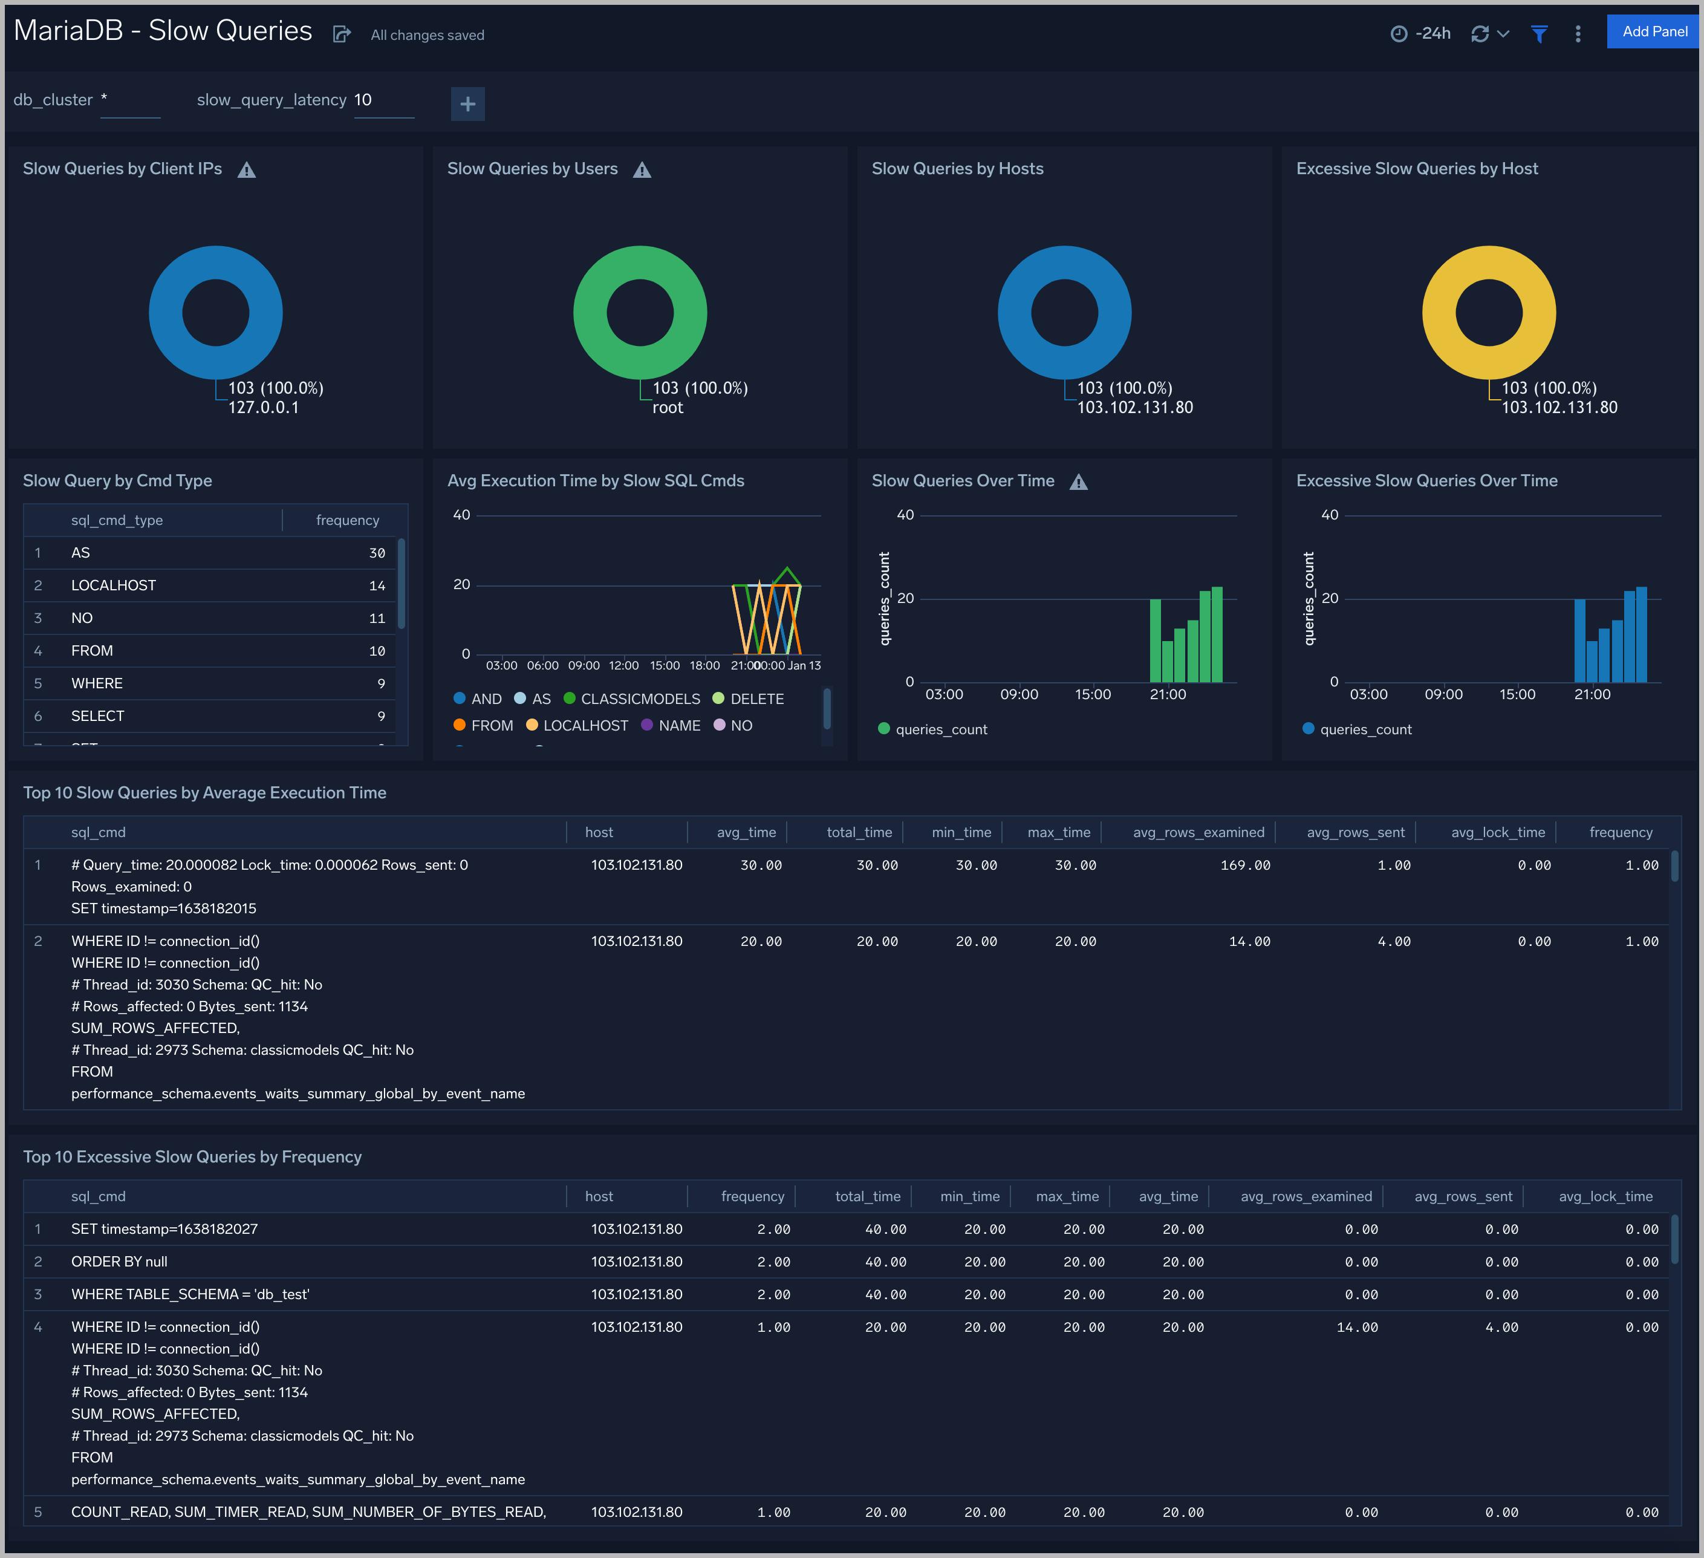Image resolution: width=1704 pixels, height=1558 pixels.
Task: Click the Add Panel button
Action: pyautogui.click(x=1653, y=32)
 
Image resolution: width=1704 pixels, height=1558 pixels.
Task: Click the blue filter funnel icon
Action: pyautogui.click(x=1539, y=34)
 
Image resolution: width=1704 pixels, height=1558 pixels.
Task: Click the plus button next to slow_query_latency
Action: pyautogui.click(x=467, y=104)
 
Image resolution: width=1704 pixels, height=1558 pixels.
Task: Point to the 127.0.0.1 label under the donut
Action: pyautogui.click(x=264, y=408)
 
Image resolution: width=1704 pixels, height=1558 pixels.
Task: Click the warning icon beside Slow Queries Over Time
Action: pyautogui.click(x=1079, y=482)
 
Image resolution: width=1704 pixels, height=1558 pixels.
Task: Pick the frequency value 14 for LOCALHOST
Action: pyautogui.click(x=377, y=586)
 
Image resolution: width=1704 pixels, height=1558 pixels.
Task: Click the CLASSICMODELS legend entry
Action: pyautogui.click(x=640, y=699)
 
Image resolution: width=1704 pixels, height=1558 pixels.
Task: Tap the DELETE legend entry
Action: pyautogui.click(x=756, y=699)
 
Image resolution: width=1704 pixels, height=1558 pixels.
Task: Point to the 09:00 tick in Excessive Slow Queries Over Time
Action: pyautogui.click(x=1443, y=694)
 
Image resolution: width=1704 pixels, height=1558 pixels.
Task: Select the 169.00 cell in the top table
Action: pyautogui.click(x=1244, y=865)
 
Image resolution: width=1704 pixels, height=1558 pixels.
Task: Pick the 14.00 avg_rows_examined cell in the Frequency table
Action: pyautogui.click(x=1356, y=1327)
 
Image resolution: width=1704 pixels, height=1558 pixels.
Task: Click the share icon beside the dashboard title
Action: pyautogui.click(x=342, y=34)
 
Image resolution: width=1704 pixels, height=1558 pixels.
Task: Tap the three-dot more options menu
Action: pyautogui.click(x=1577, y=34)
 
